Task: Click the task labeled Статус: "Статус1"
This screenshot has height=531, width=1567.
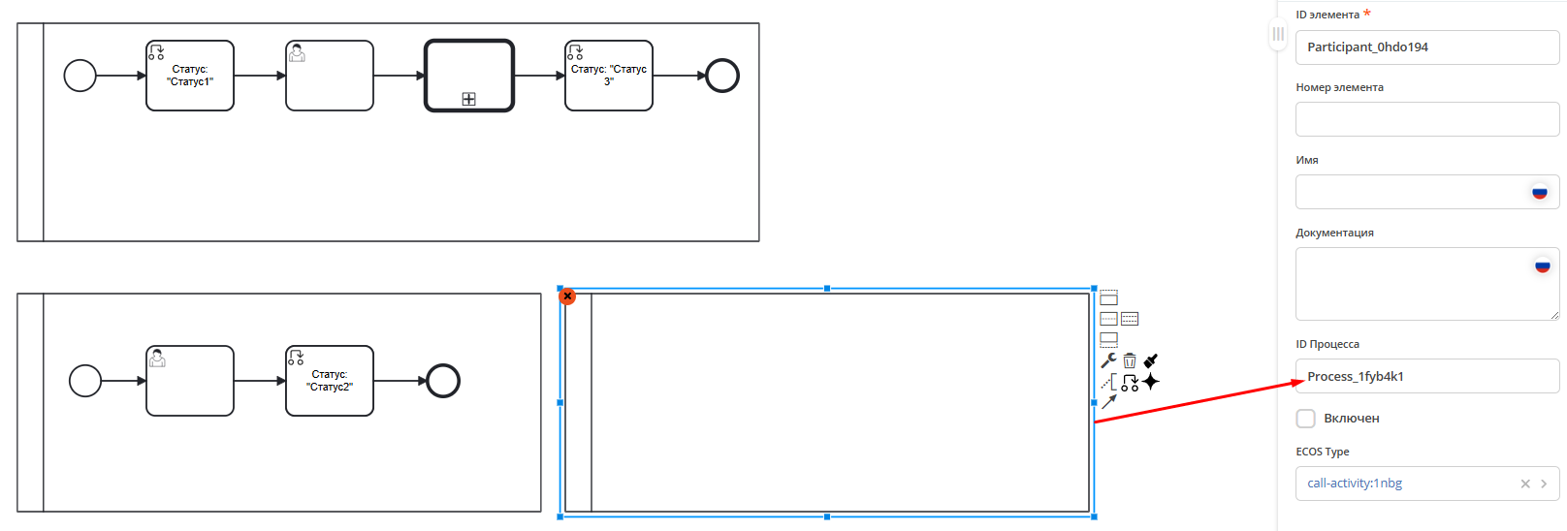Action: point(190,76)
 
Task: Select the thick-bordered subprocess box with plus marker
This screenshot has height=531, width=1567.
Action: point(469,76)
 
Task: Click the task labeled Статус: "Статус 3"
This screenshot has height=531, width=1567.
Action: point(609,76)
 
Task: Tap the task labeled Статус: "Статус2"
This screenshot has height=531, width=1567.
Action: point(330,381)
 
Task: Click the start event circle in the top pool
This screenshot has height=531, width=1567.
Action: point(80,76)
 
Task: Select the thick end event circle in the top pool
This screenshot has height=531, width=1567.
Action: point(722,76)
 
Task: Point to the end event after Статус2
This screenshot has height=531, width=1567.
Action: point(443,381)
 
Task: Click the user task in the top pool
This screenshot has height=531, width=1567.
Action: point(330,76)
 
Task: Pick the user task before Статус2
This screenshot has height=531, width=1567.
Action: point(190,381)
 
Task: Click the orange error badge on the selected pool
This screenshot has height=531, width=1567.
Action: point(568,297)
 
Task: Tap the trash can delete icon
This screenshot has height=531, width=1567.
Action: point(1130,360)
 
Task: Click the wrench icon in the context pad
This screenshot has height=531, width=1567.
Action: point(1108,360)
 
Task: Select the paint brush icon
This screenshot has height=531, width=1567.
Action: point(1151,360)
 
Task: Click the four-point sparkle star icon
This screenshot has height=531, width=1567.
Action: point(1151,382)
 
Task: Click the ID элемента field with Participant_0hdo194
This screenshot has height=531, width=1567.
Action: point(1426,47)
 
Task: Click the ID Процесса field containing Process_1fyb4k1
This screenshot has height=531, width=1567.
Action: point(1426,376)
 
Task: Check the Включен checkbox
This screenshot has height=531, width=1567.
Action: point(1306,419)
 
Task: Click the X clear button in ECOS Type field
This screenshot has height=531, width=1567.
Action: point(1525,484)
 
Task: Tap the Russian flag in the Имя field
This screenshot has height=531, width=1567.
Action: point(1539,192)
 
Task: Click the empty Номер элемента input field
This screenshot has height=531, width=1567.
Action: point(1426,120)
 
